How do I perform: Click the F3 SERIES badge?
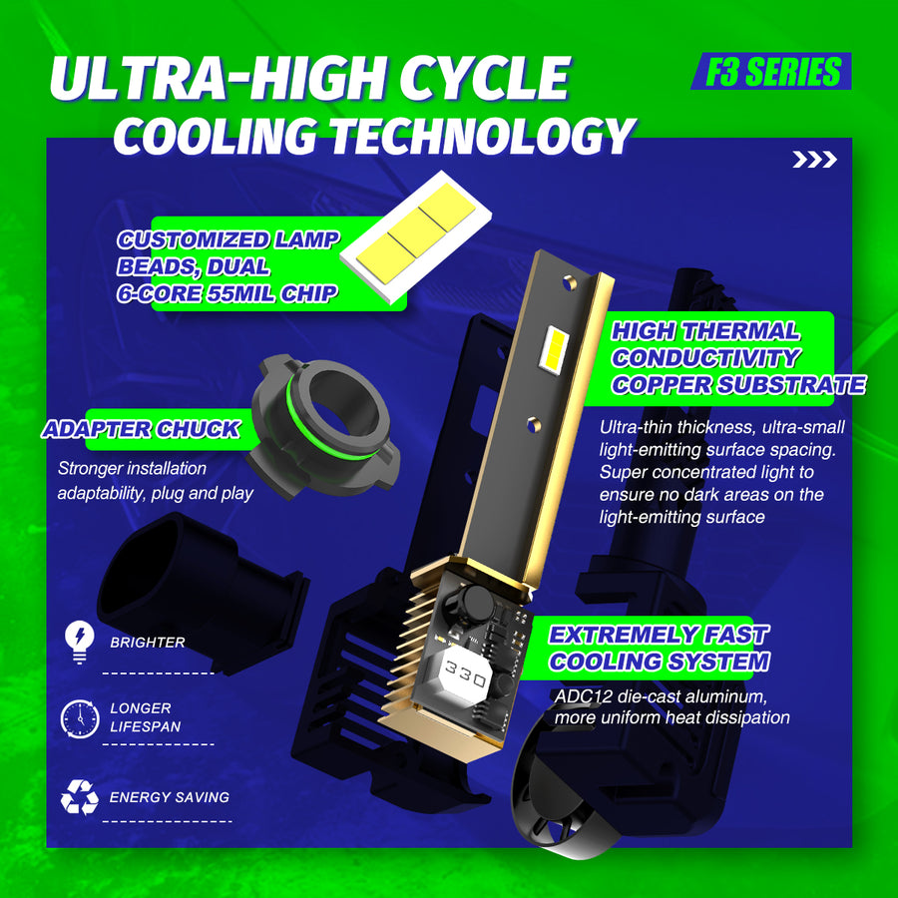pos(771,71)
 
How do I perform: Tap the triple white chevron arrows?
pos(814,160)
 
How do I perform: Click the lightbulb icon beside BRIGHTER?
pos(80,642)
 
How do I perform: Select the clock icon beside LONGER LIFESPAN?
pos(80,718)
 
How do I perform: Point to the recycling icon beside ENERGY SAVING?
pos(80,796)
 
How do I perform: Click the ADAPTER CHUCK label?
pos(141,429)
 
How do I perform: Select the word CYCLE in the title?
pos(484,78)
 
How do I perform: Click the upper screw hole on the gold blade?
pos(569,281)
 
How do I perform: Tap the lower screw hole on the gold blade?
pos(534,424)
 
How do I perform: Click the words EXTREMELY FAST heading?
pos(659,635)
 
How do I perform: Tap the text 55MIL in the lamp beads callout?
pos(241,293)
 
